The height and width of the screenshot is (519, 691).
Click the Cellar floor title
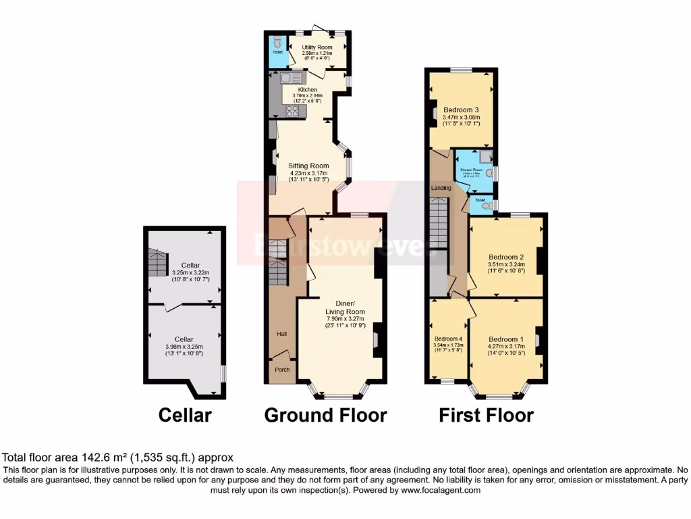(x=184, y=414)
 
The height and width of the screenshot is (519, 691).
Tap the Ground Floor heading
(x=325, y=414)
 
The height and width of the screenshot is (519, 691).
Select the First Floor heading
(x=486, y=414)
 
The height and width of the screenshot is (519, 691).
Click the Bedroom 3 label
(x=461, y=109)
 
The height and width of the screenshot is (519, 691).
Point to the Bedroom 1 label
(x=505, y=339)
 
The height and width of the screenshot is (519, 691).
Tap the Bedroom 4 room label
(x=448, y=339)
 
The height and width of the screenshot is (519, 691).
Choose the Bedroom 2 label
(x=506, y=257)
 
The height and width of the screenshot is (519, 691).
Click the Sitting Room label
(x=308, y=166)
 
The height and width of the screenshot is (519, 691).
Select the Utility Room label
(x=316, y=47)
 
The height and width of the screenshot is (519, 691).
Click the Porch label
(x=281, y=370)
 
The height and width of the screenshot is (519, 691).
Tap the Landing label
(x=441, y=187)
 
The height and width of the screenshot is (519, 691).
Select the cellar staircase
(x=157, y=262)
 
